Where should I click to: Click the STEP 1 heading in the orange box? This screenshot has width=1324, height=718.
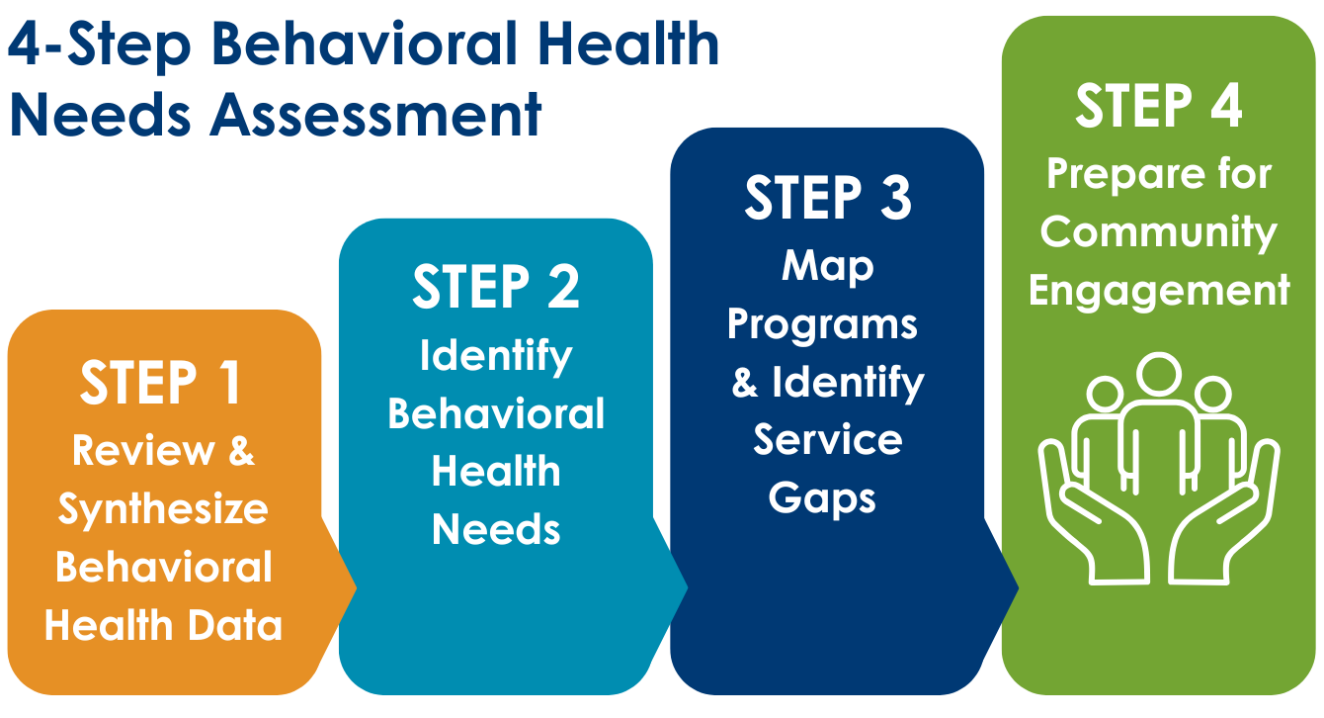pyautogui.click(x=161, y=384)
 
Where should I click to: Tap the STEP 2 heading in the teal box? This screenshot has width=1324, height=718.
pyautogui.click(x=495, y=287)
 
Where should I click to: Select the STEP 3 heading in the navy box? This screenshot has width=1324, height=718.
pyautogui.click(x=827, y=198)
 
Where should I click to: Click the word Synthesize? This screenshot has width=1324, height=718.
pyautogui.click(x=163, y=509)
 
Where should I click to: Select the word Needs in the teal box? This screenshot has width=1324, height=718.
pyautogui.click(x=496, y=530)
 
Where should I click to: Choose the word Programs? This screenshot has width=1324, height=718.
pyautogui.click(x=822, y=324)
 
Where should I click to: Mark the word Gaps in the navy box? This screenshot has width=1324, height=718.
pyautogui.click(x=822, y=499)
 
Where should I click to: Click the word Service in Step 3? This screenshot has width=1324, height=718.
pyautogui.click(x=828, y=440)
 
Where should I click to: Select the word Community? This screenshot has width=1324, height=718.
pyautogui.click(x=1158, y=232)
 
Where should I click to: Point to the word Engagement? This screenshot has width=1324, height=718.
pyautogui.click(x=1158, y=292)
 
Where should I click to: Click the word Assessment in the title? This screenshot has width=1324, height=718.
pyautogui.click(x=375, y=115)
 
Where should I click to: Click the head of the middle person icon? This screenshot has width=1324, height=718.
pyautogui.click(x=1158, y=375)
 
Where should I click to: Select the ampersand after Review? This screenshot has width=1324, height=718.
pyautogui.click(x=241, y=451)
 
